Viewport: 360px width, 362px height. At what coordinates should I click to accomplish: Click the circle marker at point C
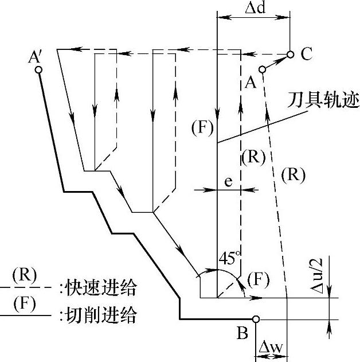click(290, 55)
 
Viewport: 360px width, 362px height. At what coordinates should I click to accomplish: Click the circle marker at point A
click(263, 69)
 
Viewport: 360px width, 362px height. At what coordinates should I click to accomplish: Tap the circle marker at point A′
click(38, 70)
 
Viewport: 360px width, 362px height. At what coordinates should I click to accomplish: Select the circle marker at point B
click(256, 319)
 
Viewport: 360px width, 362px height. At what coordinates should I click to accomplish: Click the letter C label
click(306, 55)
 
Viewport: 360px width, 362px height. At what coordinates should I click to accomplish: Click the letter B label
click(242, 332)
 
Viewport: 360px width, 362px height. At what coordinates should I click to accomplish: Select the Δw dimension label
click(269, 347)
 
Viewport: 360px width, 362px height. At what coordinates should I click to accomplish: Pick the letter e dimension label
click(228, 182)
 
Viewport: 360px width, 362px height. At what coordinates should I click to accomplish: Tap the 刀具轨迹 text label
click(331, 101)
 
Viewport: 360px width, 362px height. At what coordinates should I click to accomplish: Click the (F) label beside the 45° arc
click(257, 280)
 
